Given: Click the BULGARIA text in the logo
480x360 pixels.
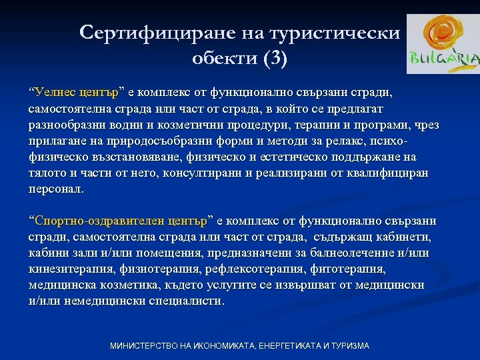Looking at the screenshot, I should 444,59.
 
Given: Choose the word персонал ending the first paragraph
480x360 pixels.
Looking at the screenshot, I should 56,189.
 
